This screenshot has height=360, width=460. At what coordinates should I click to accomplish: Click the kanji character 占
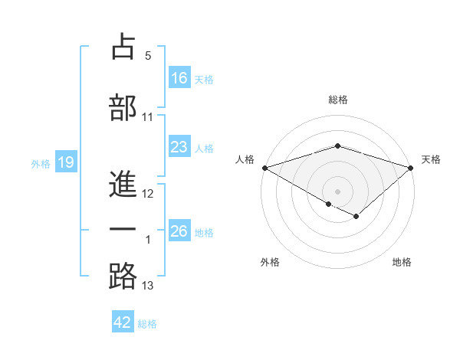click(x=123, y=47)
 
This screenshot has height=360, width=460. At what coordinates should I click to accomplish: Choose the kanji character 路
click(x=123, y=275)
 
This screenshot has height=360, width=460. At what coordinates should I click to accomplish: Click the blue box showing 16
click(x=179, y=77)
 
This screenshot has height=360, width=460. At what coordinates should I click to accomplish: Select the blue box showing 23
click(x=179, y=147)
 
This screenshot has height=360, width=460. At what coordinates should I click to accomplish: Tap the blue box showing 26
click(x=179, y=231)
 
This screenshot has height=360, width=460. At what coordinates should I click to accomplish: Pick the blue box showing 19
click(x=65, y=162)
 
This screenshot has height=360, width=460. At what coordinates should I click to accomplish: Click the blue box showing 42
click(x=123, y=322)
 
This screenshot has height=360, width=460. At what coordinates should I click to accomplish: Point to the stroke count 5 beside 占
click(x=148, y=56)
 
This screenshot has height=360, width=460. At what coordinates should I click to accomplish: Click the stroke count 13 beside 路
click(x=148, y=286)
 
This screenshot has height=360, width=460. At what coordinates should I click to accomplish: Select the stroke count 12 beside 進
click(x=148, y=194)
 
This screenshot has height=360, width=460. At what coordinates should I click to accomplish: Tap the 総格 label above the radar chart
click(x=338, y=100)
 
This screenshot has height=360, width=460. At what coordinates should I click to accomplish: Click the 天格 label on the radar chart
click(x=431, y=159)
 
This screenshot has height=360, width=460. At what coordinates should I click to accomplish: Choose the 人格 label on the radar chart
click(x=245, y=159)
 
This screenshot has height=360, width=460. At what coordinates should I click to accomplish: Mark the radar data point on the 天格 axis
click(x=412, y=167)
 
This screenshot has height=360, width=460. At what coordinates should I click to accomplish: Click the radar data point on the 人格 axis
click(x=264, y=167)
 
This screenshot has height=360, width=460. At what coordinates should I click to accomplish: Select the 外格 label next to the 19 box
click(x=40, y=163)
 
